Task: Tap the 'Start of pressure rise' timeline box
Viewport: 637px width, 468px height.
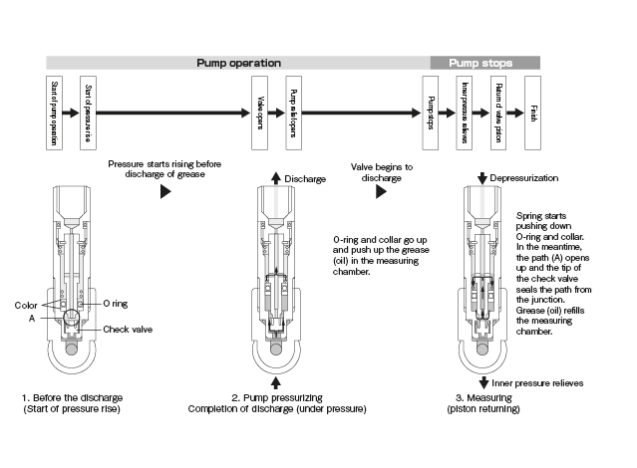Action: [x=89, y=111]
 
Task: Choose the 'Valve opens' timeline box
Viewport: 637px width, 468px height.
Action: [x=259, y=111]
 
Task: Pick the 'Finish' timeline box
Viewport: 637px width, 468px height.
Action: [x=533, y=111]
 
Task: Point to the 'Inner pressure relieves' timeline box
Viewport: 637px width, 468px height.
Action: [x=464, y=111]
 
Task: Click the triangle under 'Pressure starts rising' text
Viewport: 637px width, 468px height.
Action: [x=165, y=192]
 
